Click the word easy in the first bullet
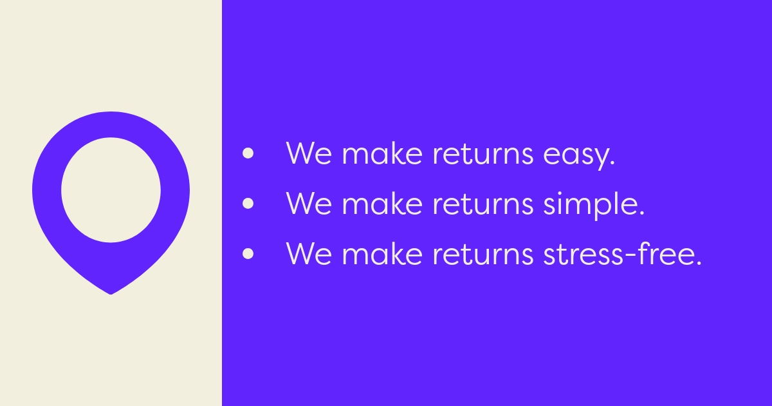pos(576,155)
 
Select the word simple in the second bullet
pos(588,205)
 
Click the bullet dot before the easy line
pos(248,155)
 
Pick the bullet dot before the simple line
pos(248,204)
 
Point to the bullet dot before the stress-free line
pos(248,253)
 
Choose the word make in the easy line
pos(383,155)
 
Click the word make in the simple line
pos(383,204)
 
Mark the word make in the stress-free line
pos(383,253)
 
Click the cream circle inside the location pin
pos(111,189)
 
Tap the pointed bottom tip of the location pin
pos(111,292)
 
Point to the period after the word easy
pos(612,164)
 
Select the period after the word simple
pos(641,213)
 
